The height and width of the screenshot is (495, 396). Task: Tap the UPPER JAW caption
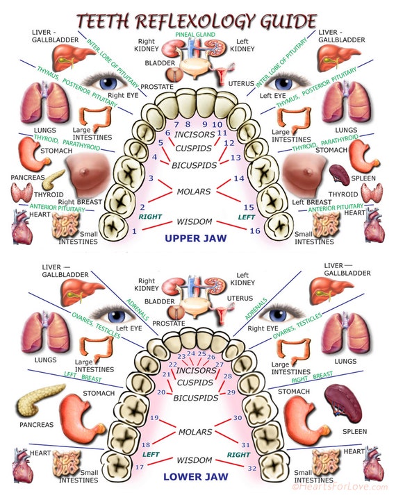click(196, 238)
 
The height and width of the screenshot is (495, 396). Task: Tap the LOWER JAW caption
click(196, 477)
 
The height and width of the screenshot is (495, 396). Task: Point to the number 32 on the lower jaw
click(251, 469)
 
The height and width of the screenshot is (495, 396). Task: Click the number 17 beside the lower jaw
click(139, 467)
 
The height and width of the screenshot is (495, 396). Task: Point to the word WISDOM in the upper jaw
click(195, 222)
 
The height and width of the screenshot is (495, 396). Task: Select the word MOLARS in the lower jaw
click(195, 432)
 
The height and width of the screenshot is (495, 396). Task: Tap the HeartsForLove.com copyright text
click(343, 488)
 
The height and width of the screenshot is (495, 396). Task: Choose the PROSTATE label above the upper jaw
click(156, 87)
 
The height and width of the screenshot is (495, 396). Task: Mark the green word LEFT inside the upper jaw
click(247, 217)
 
